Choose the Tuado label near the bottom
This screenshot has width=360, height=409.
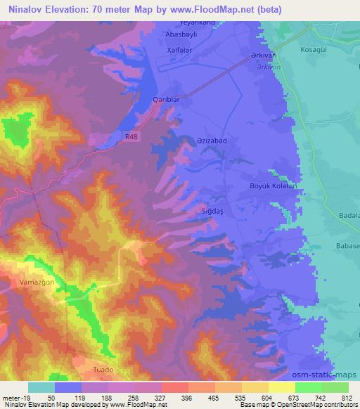click(103, 369)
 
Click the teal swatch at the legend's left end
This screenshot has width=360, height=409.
click(41, 387)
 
